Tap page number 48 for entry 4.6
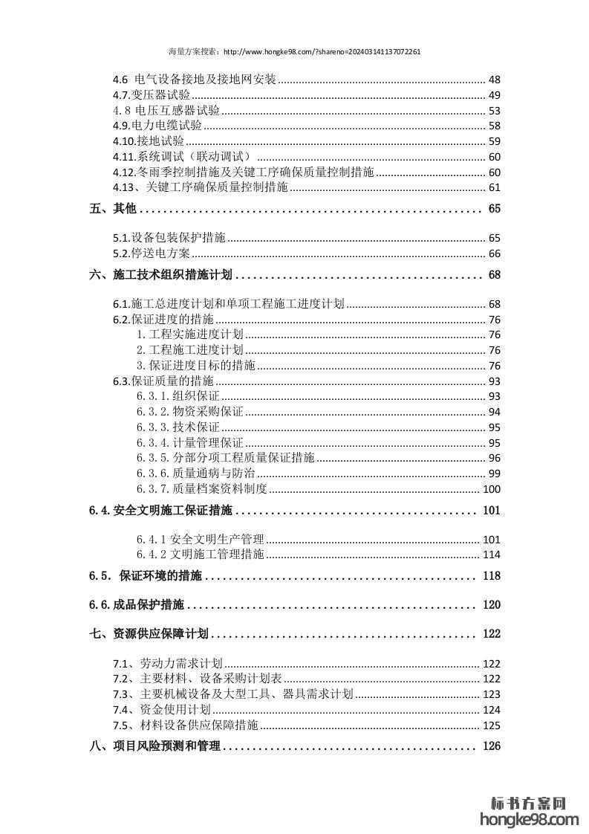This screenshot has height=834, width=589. tap(495, 80)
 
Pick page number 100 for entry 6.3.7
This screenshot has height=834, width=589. tap(492, 488)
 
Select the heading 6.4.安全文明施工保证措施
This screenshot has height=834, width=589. tap(160, 511)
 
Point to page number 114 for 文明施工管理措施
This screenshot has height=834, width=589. tap(492, 555)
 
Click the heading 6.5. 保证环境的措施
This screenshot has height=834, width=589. tap(146, 576)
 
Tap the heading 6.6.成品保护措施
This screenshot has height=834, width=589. tap(137, 605)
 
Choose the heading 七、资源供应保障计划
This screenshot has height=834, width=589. tap(149, 634)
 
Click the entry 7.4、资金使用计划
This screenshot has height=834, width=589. tap(157, 710)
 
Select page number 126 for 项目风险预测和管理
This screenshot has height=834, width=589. tap(492, 746)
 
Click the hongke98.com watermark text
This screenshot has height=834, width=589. tap(530, 820)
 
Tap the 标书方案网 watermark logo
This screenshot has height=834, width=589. tap(530, 803)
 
